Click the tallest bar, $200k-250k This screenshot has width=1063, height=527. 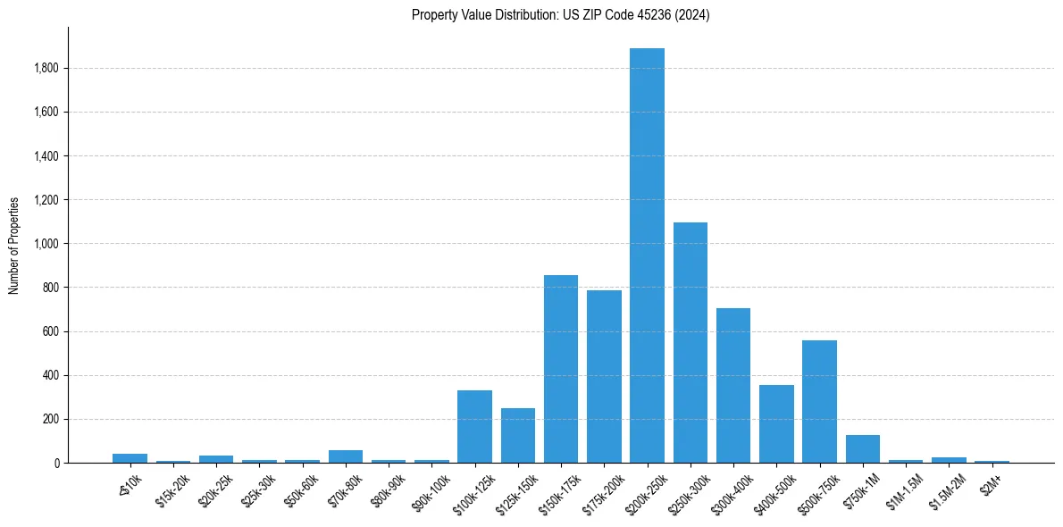[647, 255]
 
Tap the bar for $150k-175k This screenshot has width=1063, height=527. [561, 368]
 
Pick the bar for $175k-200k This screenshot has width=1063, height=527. [604, 376]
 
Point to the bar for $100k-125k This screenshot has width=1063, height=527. [474, 426]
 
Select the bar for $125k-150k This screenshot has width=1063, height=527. [517, 435]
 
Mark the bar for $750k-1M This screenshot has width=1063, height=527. [862, 448]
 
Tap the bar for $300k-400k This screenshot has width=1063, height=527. [733, 385]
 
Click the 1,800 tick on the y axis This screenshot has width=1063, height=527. [47, 69]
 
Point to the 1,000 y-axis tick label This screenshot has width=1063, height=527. [47, 244]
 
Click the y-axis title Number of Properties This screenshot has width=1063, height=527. [14, 245]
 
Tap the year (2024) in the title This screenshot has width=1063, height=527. [693, 15]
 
